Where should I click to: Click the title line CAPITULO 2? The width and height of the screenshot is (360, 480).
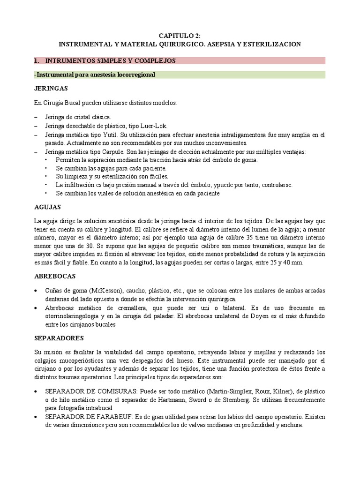[180, 35]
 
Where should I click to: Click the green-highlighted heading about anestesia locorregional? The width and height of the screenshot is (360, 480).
[95, 75]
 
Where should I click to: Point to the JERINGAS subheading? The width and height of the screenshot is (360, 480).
[51, 89]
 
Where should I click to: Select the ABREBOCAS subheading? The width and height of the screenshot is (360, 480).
[55, 277]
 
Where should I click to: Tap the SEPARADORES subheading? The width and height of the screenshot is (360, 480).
[59, 337]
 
